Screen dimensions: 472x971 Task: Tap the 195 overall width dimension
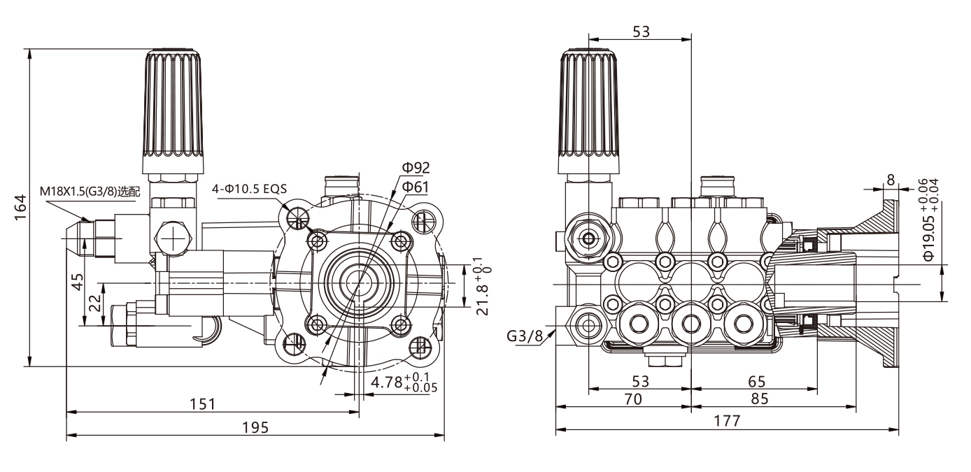[257, 427]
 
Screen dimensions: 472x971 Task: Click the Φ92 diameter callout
[416, 167]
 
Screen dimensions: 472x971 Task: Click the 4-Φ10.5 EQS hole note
[250, 188]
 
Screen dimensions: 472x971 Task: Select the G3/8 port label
[525, 336]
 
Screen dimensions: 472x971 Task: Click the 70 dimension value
[632, 399]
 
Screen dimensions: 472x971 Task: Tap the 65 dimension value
[756, 381]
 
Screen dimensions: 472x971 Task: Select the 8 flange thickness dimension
[890, 180]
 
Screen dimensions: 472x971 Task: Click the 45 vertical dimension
[78, 281]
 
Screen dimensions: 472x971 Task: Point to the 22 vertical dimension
[94, 303]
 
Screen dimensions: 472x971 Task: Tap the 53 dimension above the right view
[641, 31]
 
